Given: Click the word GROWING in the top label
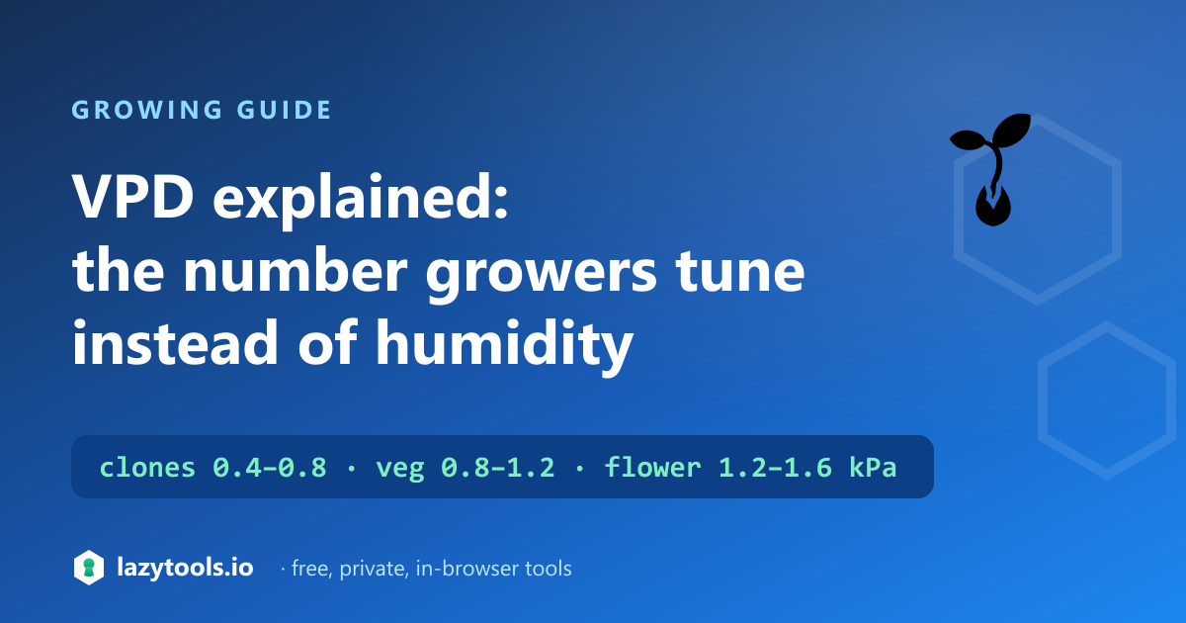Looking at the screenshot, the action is point(147,110).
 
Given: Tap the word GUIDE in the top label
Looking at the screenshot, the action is point(284,110).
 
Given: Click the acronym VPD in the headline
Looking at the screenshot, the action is point(132,196).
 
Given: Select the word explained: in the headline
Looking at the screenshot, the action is point(361,200).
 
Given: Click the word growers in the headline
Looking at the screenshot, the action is point(542,278).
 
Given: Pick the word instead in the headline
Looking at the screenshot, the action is point(175,342).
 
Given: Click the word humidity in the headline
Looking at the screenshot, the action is point(504,346).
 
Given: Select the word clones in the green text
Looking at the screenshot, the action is point(147,467).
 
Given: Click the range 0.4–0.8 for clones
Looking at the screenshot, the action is point(270,468).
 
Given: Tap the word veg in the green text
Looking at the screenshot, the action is point(399,470).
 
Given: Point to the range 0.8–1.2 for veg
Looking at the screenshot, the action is point(498,468).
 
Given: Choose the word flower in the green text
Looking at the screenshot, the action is point(652,467).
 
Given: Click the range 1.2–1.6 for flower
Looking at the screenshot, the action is point(775,468).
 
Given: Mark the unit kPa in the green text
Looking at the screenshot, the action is point(873,468).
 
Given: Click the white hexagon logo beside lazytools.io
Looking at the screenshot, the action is point(89,568).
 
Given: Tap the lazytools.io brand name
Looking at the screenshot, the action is point(186,568).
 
